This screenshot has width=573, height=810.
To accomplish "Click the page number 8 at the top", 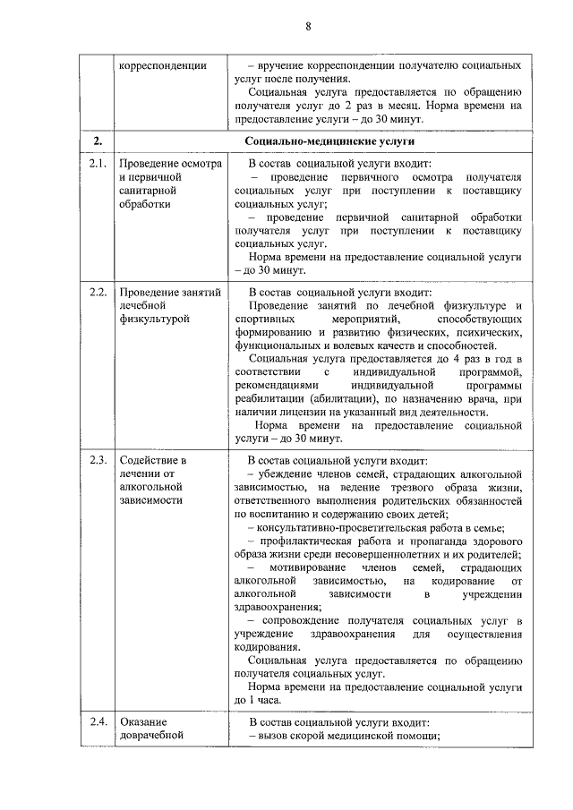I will (x=306, y=26).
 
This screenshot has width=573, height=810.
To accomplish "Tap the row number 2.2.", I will (x=98, y=292).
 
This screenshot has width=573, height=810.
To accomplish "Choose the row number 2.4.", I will (x=98, y=721).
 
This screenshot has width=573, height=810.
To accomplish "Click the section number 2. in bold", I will (x=98, y=141).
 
